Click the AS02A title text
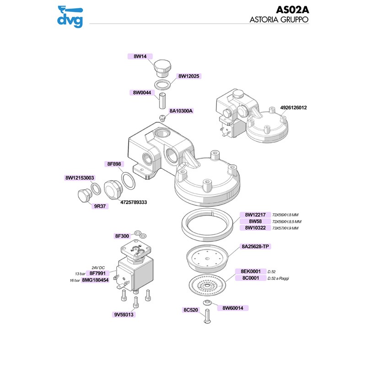293,10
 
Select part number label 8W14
140,56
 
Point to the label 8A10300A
182,111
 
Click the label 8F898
114,164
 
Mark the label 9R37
100,206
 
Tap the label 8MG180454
95,280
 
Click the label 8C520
190,310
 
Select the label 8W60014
234,308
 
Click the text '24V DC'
99,267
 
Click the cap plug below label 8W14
161,68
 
